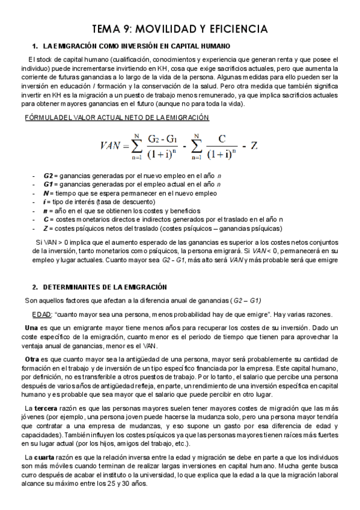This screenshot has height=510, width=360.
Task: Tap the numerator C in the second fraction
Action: (x=222, y=138)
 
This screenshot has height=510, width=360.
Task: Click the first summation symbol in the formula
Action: (x=137, y=144)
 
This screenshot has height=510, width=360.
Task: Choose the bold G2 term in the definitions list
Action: (x=49, y=175)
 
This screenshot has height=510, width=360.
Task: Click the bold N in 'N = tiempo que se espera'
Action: (x=46, y=193)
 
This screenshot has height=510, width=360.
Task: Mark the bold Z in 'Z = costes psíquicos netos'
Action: (x=46, y=229)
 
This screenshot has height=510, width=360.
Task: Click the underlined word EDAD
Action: (x=41, y=315)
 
